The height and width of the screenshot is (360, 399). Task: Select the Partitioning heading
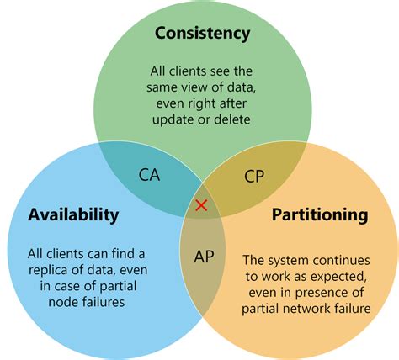[x=320, y=214]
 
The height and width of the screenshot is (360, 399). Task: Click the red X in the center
[x=201, y=205]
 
